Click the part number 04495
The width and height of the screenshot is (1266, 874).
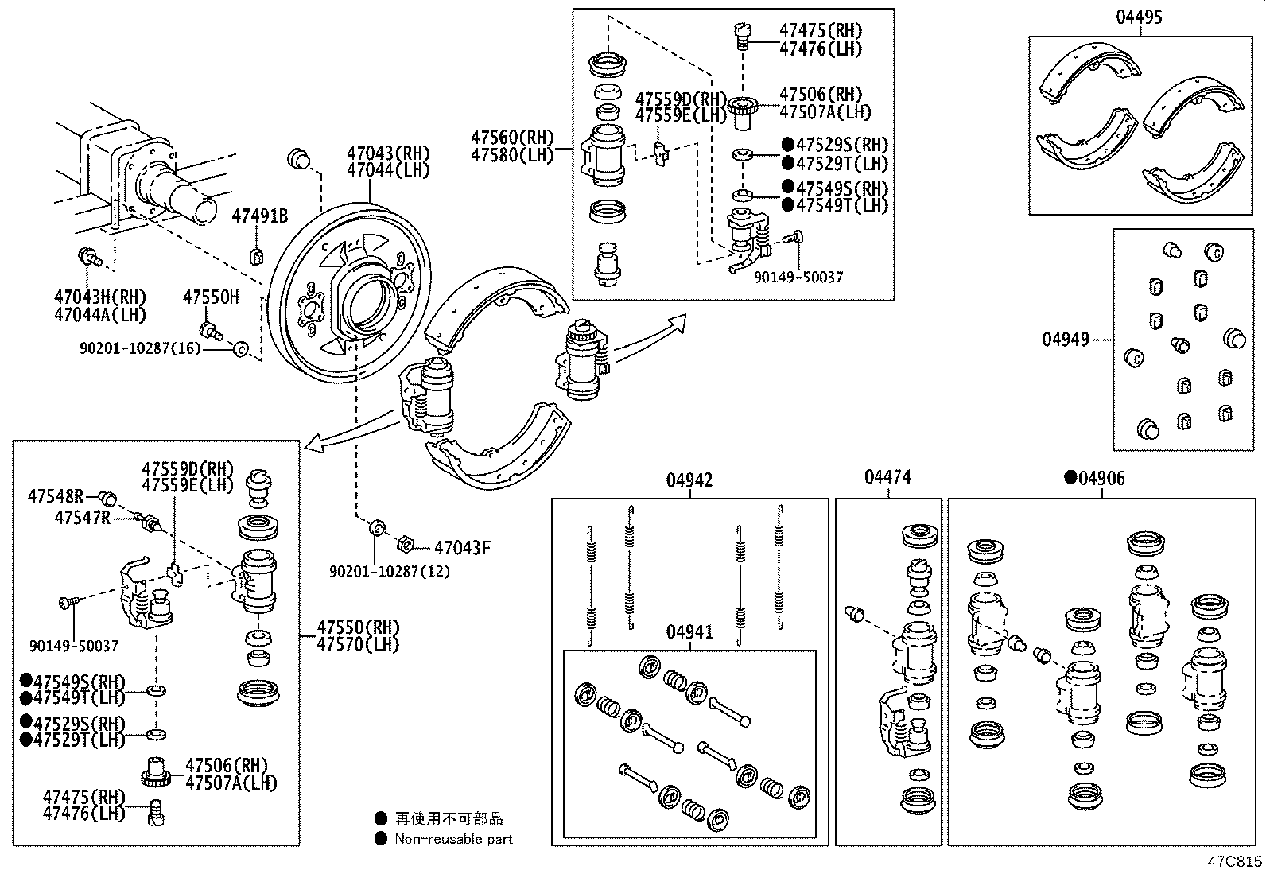(1138, 17)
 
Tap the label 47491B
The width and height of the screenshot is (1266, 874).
(259, 216)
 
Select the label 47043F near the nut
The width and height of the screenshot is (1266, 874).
(462, 547)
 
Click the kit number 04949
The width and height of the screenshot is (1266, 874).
(1065, 340)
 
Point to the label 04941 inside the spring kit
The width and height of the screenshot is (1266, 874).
(689, 632)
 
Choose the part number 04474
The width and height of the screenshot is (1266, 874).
(887, 477)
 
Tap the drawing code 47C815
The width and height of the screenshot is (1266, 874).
(1234, 861)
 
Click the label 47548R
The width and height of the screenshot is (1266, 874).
(55, 497)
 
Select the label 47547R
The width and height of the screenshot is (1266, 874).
(82, 518)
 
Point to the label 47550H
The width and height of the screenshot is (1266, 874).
(211, 297)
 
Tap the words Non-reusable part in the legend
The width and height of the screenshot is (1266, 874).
(453, 838)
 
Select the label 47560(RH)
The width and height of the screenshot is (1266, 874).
(511, 138)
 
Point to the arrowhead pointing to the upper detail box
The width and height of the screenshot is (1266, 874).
(677, 321)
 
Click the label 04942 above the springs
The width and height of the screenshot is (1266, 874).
(689, 480)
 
